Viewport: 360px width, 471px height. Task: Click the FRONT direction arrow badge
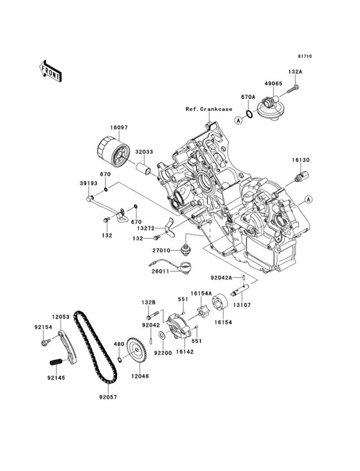click(x=51, y=70)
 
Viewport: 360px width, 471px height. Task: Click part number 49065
click(x=273, y=83)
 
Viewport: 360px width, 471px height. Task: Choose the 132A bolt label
click(x=295, y=73)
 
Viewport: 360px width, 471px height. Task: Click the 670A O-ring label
click(x=249, y=97)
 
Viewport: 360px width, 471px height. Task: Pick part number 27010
click(x=161, y=252)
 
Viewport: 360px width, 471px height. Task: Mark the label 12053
click(x=61, y=317)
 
